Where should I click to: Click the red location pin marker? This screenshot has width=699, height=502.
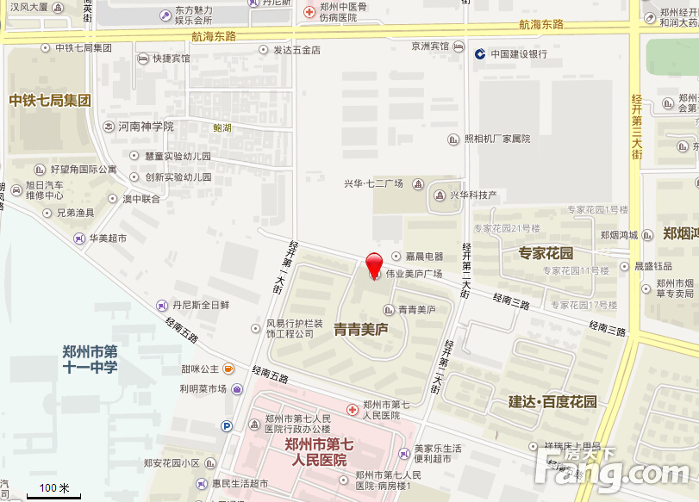[374, 264]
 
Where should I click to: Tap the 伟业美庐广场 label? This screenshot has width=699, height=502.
[413, 274]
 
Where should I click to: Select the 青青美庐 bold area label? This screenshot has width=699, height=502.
[361, 329]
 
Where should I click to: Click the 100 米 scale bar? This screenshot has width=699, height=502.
[53, 491]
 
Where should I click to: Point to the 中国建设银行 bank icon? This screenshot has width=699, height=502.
[479, 53]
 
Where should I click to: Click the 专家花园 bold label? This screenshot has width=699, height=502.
[546, 253]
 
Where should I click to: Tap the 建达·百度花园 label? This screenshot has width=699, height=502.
[552, 402]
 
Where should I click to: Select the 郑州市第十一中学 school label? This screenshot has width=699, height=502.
[90, 359]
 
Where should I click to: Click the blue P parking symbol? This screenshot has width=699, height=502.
[227, 425]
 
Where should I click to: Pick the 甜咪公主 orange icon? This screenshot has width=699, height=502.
[228, 369]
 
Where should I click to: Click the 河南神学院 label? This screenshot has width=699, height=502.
[146, 126]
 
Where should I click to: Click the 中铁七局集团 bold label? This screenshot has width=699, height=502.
[49, 100]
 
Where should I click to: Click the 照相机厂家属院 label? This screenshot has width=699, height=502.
[496, 139]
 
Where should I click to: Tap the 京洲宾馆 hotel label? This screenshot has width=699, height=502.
[430, 46]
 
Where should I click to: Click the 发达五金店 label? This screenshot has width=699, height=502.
[296, 50]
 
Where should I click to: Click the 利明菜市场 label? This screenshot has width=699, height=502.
[203, 388]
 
